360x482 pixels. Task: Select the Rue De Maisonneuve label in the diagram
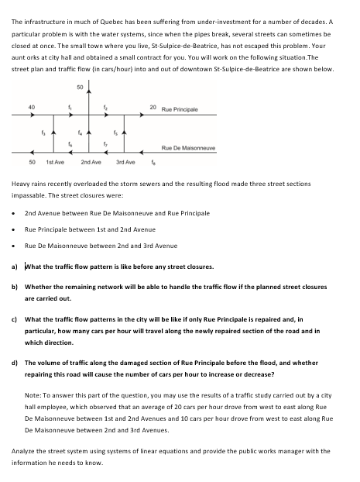coord(188,147)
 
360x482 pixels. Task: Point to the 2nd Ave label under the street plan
coord(91,163)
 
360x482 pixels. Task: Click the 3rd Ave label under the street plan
coord(125,163)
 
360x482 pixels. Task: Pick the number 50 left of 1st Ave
coord(32,163)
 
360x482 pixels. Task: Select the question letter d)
coord(16,361)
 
